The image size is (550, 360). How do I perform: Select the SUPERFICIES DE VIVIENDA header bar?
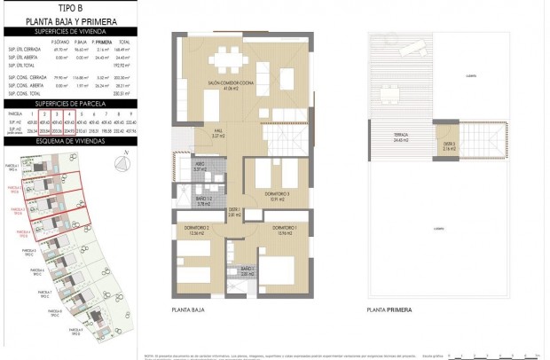pos(69,31)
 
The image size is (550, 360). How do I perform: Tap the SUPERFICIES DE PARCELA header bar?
pos(69,104)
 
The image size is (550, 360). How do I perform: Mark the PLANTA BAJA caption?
pos(187,310)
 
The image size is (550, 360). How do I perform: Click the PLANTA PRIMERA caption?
pos(389,310)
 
